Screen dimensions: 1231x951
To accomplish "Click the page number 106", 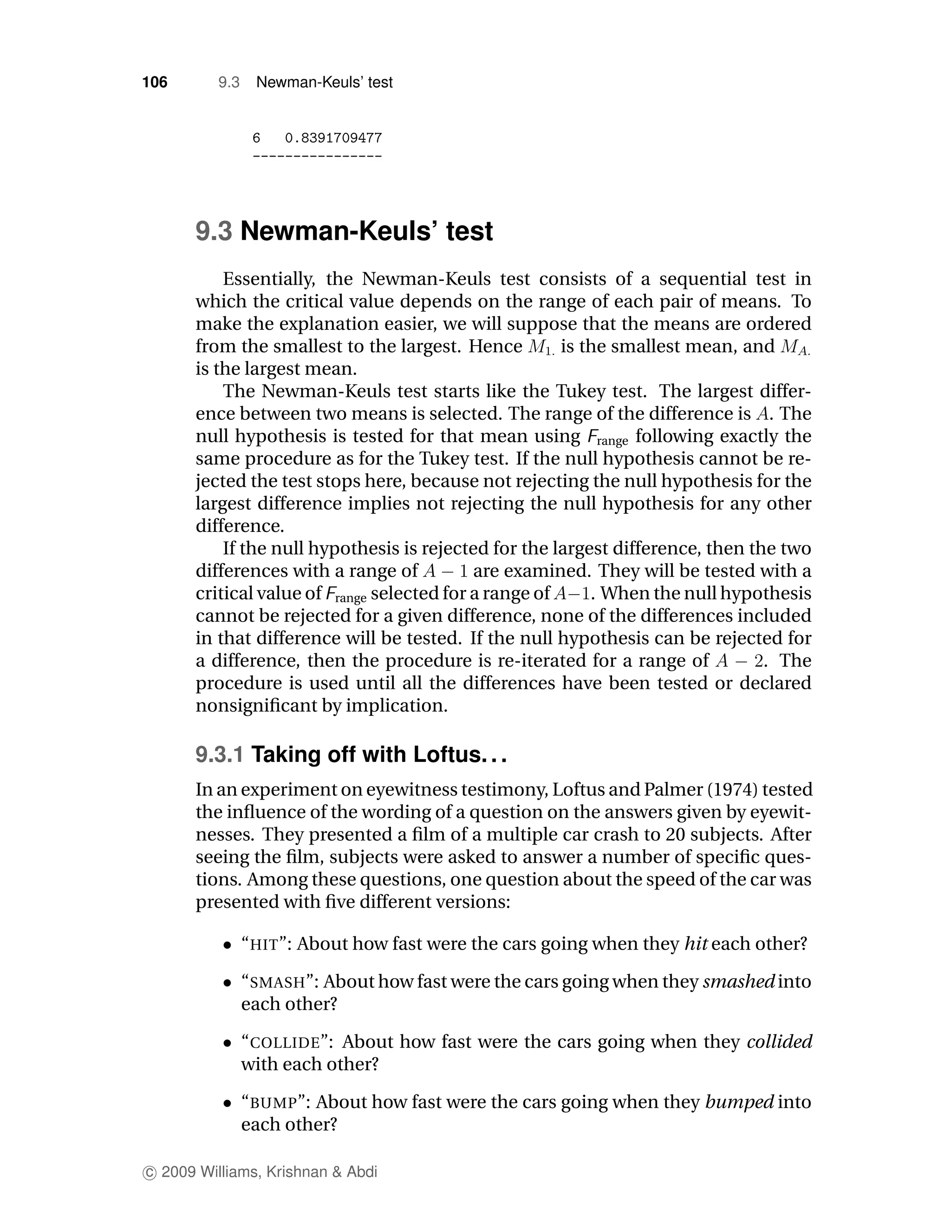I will tap(155, 82).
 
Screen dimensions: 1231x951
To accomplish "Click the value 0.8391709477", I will tap(333, 138).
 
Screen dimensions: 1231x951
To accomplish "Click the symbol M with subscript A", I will tap(795, 347).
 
